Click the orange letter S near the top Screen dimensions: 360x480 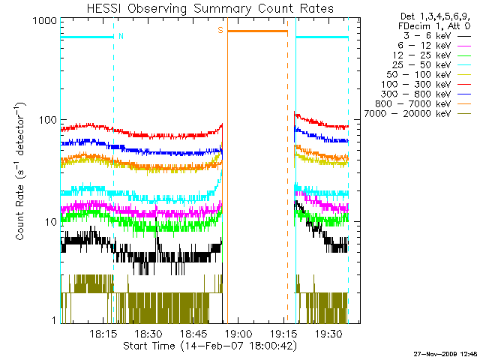tap(220, 30)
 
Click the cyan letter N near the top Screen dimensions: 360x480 tap(121, 36)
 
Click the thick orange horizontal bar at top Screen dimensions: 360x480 tap(257, 31)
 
